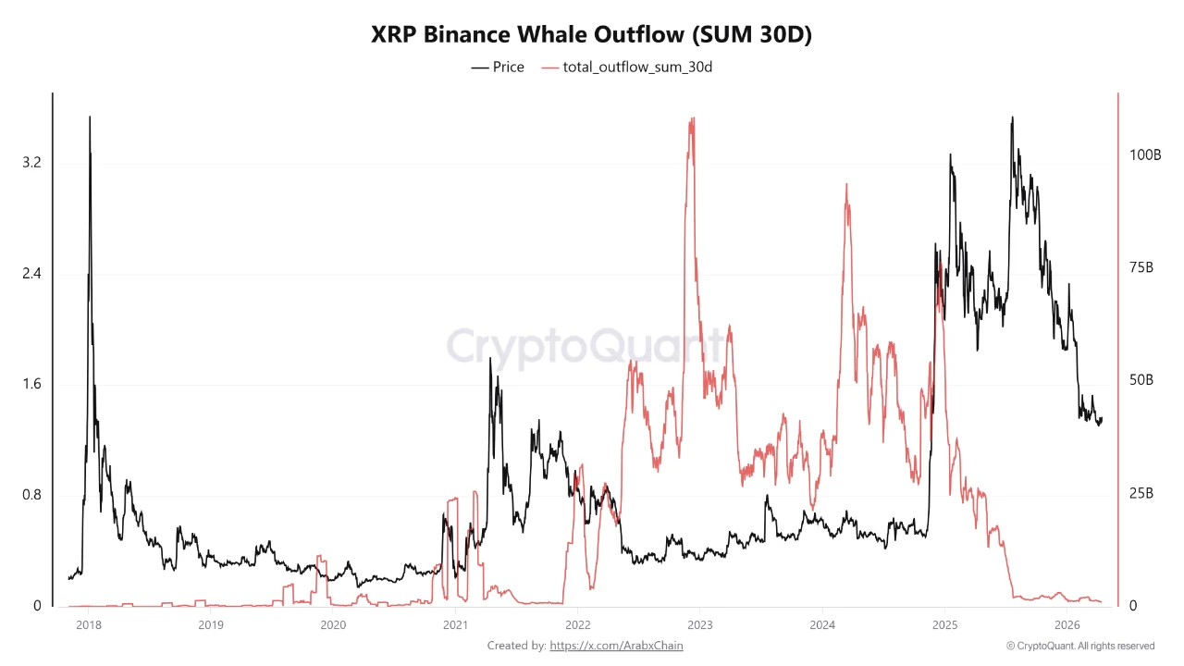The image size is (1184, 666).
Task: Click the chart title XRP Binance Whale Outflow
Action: (591, 34)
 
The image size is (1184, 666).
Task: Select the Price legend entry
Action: (498, 67)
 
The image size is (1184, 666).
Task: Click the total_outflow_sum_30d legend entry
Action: (626, 67)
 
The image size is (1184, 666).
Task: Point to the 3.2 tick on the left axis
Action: (31, 163)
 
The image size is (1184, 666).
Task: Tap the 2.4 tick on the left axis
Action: (31, 274)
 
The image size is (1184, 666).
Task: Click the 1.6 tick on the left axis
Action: (31, 384)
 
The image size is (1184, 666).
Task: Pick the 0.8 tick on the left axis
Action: (31, 495)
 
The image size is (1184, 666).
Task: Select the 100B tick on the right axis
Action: (1145, 154)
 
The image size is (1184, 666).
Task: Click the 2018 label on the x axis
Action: (88, 624)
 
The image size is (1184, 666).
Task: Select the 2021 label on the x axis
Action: (455, 624)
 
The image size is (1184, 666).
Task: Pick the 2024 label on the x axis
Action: (822, 624)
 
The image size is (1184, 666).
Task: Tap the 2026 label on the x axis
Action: (1067, 624)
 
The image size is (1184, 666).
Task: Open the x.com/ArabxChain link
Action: (616, 646)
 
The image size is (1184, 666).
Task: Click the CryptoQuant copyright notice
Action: (1079, 646)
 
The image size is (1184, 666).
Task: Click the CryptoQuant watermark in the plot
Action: (587, 347)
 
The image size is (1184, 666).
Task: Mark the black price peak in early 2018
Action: (90, 117)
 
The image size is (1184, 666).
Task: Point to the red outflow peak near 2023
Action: (692, 119)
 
